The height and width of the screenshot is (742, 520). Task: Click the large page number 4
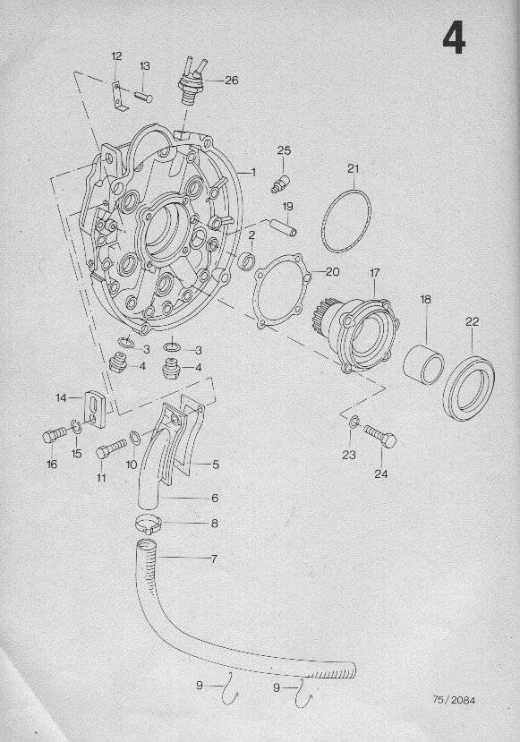(x=455, y=39)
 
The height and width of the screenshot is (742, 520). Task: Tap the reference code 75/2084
(x=453, y=700)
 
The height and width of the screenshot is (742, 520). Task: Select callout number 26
(x=232, y=80)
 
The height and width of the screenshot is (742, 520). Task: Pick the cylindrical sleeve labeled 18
(x=423, y=364)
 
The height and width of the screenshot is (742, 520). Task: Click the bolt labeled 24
(x=380, y=436)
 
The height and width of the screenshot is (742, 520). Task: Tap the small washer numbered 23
(x=354, y=422)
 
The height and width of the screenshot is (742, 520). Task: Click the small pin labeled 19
(x=285, y=227)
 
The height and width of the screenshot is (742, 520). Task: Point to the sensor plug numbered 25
(x=278, y=183)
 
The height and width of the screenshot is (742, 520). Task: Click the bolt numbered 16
(x=55, y=435)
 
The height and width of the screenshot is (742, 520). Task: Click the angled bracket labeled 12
(x=118, y=98)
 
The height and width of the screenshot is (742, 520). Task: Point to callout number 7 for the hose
(x=214, y=559)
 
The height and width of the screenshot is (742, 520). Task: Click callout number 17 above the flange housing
(x=375, y=273)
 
